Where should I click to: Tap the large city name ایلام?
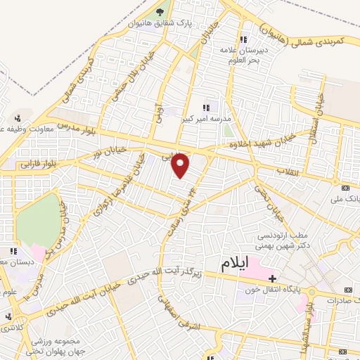pos(236,264)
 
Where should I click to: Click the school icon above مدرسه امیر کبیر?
pos(206,108)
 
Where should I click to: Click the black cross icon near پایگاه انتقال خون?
pos(272,279)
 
